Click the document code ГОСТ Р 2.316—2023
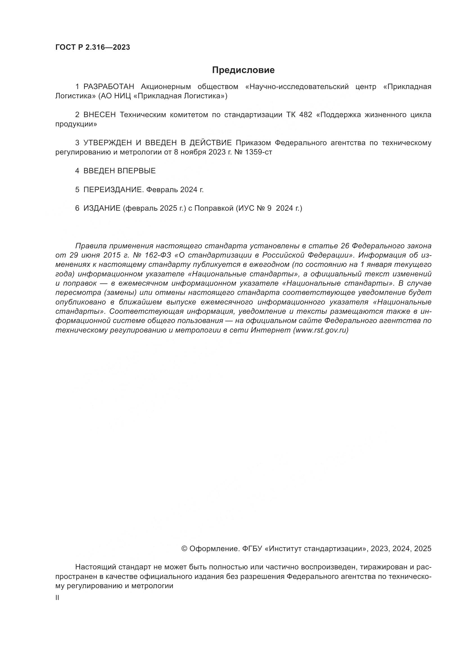coord(92,47)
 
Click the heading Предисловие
coord(243,70)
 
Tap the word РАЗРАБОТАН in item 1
coord(109,87)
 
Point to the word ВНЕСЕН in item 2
coord(100,115)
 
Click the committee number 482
coord(306,115)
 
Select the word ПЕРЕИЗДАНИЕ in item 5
coord(113,190)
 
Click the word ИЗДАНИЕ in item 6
coord(102,208)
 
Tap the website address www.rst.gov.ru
coord(321,330)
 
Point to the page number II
coord(57,598)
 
